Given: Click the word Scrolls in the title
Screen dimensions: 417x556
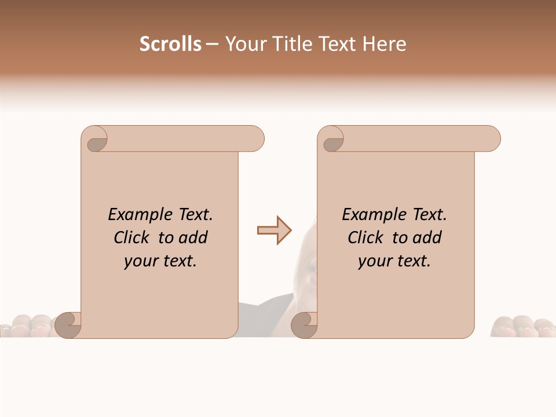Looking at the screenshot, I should point(170,44).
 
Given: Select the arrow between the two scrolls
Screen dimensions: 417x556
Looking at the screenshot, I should point(274,231).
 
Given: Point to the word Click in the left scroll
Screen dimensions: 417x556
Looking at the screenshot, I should point(133,237).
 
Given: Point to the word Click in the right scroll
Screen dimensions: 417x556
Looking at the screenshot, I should point(366,237).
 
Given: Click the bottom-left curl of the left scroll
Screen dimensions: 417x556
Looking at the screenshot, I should point(68,325).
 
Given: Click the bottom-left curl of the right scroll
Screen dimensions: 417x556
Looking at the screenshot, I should point(305,325).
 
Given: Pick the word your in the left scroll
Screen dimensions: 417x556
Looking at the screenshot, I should point(140,262).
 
